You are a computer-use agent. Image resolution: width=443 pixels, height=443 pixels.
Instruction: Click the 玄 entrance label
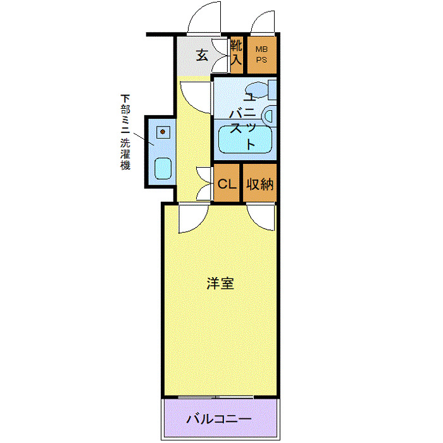click(x=201, y=56)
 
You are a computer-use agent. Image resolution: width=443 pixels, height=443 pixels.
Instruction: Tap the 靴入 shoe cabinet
click(x=237, y=53)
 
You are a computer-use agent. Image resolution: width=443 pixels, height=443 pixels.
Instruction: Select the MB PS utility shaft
click(x=261, y=53)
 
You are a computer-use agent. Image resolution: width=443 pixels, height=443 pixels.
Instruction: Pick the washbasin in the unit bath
click(x=269, y=116)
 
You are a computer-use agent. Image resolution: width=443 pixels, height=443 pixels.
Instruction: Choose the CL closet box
click(x=227, y=184)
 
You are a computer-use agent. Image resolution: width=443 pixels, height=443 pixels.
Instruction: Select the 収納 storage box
click(x=259, y=184)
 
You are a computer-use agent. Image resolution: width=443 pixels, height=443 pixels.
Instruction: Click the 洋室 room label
click(x=220, y=283)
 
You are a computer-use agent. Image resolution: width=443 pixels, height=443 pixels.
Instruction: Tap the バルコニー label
click(x=219, y=419)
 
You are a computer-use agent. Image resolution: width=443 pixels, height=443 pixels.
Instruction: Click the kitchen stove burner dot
click(x=162, y=132)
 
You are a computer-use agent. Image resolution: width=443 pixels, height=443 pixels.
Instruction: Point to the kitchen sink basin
click(x=162, y=168)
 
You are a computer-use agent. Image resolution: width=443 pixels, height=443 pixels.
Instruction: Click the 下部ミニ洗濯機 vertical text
click(x=126, y=132)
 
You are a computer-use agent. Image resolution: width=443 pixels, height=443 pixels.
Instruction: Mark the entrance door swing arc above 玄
click(x=204, y=19)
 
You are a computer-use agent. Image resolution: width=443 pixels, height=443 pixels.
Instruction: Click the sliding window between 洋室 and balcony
click(x=219, y=397)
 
